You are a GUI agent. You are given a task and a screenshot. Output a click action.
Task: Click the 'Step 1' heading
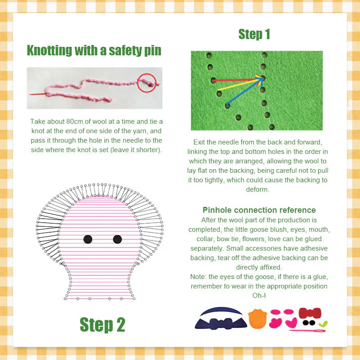(254, 34)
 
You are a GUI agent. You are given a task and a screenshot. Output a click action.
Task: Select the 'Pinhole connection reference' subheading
(259, 210)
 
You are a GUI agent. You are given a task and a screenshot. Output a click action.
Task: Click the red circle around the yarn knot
(146, 82)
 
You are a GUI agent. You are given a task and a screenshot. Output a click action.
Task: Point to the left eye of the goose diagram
(88, 239)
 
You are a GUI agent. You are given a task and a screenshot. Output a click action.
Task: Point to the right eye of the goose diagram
(117, 239)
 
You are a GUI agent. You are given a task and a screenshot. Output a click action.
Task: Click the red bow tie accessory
(310, 313)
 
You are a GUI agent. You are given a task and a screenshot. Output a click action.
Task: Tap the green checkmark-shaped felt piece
(323, 324)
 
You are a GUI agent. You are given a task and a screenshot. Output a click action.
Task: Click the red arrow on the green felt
(236, 81)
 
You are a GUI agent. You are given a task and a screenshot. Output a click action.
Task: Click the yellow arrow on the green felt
(241, 85)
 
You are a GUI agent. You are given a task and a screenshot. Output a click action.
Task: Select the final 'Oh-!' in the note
(259, 295)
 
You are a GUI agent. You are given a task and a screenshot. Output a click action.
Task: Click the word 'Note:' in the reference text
(200, 277)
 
